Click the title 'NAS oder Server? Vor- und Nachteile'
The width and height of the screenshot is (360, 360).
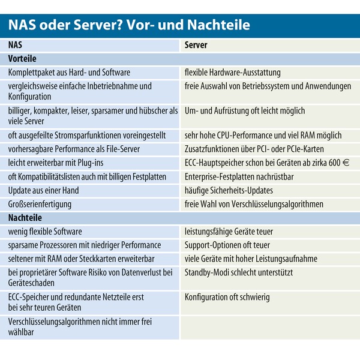[128, 25]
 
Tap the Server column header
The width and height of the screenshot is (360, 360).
[196, 45]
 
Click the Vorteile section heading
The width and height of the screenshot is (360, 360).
[22, 59]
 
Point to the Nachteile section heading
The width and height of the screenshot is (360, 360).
[25, 218]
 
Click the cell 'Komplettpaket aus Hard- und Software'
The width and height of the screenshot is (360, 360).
[70, 73]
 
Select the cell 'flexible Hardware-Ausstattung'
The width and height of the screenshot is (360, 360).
[232, 73]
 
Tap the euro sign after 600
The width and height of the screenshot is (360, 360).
[347, 163]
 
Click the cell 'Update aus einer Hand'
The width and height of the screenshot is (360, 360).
[43, 190]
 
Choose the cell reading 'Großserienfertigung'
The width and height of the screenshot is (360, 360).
[40, 204]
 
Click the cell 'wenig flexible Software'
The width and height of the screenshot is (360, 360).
[45, 231]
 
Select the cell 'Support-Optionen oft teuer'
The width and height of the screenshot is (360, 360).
[227, 245]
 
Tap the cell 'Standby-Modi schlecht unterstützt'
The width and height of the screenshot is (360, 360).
[239, 272]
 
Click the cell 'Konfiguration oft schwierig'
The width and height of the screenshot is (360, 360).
[227, 296]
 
